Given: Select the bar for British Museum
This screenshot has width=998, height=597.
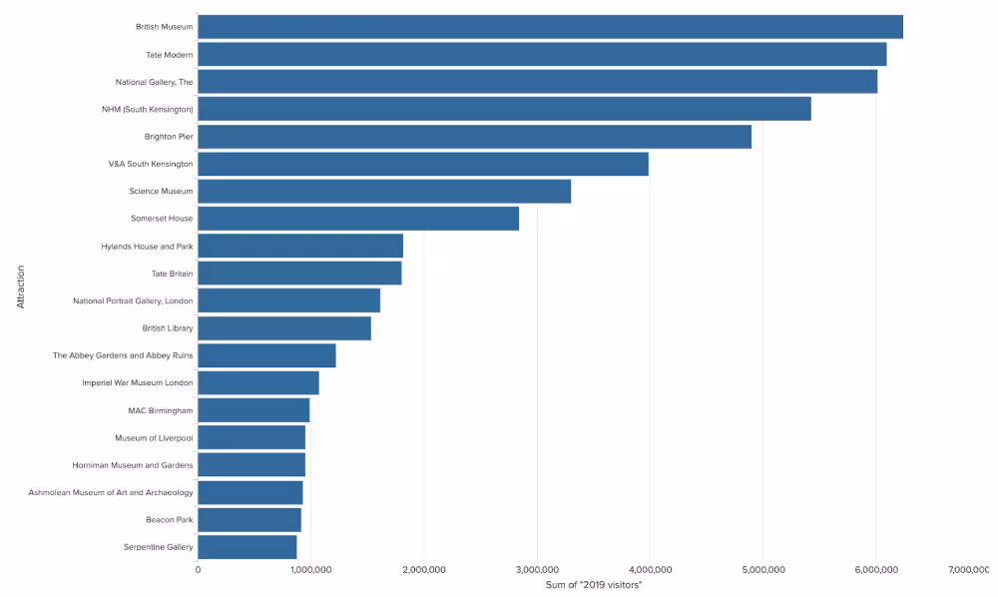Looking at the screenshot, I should [550, 27].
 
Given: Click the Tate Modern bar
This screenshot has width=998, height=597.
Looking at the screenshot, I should [542, 54].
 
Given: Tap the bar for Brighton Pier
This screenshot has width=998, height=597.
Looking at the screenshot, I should [474, 136].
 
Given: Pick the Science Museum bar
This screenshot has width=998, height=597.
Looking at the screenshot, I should [384, 191].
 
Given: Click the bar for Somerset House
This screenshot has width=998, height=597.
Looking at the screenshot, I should [358, 218].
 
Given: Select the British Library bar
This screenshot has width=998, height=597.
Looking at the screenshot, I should [284, 327].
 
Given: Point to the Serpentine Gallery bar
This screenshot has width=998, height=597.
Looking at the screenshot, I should [248, 546].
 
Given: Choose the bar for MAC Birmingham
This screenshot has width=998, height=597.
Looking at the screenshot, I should [253, 410].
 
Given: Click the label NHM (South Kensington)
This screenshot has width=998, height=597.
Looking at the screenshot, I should [148, 109].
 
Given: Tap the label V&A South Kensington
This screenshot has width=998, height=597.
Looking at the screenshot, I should [151, 163].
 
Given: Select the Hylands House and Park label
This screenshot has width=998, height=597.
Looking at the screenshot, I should [147, 246].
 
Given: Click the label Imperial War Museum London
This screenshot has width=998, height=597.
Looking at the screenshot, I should [138, 382].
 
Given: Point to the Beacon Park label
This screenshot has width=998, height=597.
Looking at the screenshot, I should [169, 519].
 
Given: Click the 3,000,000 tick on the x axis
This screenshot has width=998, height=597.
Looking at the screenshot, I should [537, 569].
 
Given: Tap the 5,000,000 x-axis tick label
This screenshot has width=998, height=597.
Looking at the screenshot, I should [762, 569].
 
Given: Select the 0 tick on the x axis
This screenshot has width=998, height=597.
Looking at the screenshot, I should [198, 569].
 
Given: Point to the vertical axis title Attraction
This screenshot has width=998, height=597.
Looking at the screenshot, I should [20, 287].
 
